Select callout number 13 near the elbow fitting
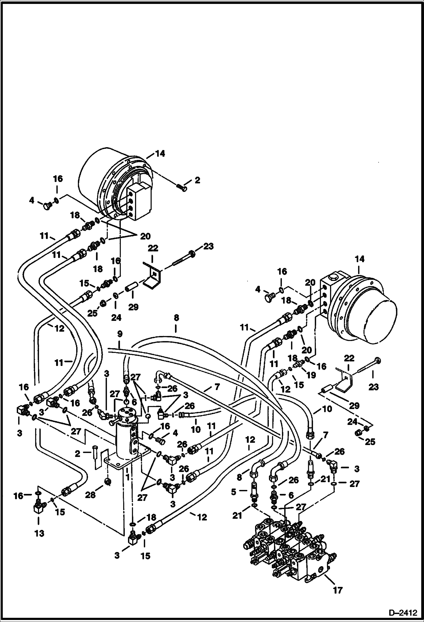39,533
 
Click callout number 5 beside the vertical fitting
234,492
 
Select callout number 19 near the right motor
311,375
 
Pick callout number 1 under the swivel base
128,477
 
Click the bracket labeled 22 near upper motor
153,276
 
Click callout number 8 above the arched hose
176,318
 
